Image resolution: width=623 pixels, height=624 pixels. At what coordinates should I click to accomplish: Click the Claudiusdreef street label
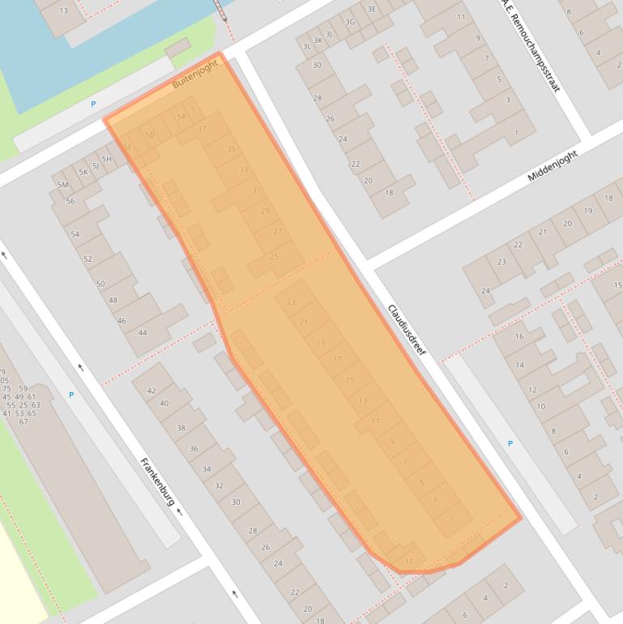tap(406, 331)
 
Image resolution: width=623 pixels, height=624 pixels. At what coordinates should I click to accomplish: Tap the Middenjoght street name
tap(554, 166)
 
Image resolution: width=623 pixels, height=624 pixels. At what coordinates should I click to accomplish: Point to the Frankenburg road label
tap(158, 482)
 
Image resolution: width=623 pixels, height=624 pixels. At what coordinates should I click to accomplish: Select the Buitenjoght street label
tap(195, 73)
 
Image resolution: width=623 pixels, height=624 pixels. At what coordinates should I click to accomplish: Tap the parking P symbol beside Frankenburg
tap(71, 395)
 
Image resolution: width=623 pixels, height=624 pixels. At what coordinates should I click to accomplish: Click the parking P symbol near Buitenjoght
tap(93, 104)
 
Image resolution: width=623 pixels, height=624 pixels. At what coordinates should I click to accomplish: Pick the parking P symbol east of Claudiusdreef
tap(510, 443)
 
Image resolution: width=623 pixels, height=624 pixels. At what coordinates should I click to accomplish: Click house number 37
tap(202, 129)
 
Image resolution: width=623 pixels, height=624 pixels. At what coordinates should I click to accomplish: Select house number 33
tap(244, 170)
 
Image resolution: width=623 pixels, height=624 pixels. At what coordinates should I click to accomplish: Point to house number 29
tap(265, 212)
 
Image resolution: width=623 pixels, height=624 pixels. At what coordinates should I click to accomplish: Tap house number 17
tap(337, 359)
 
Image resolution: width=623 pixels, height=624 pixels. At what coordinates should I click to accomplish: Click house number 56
tap(70, 201)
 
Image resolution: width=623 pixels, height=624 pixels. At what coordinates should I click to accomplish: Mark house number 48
tap(113, 300)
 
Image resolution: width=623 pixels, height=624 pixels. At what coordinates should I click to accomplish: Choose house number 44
tap(143, 332)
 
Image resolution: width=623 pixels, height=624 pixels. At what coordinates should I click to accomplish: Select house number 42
tap(151, 391)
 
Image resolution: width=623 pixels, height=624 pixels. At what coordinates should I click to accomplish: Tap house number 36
tap(194, 448)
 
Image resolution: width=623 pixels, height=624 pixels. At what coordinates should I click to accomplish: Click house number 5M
tap(62, 185)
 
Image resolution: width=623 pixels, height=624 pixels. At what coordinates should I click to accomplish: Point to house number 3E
tap(371, 9)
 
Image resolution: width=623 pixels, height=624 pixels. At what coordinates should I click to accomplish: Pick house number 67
tap(23, 421)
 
